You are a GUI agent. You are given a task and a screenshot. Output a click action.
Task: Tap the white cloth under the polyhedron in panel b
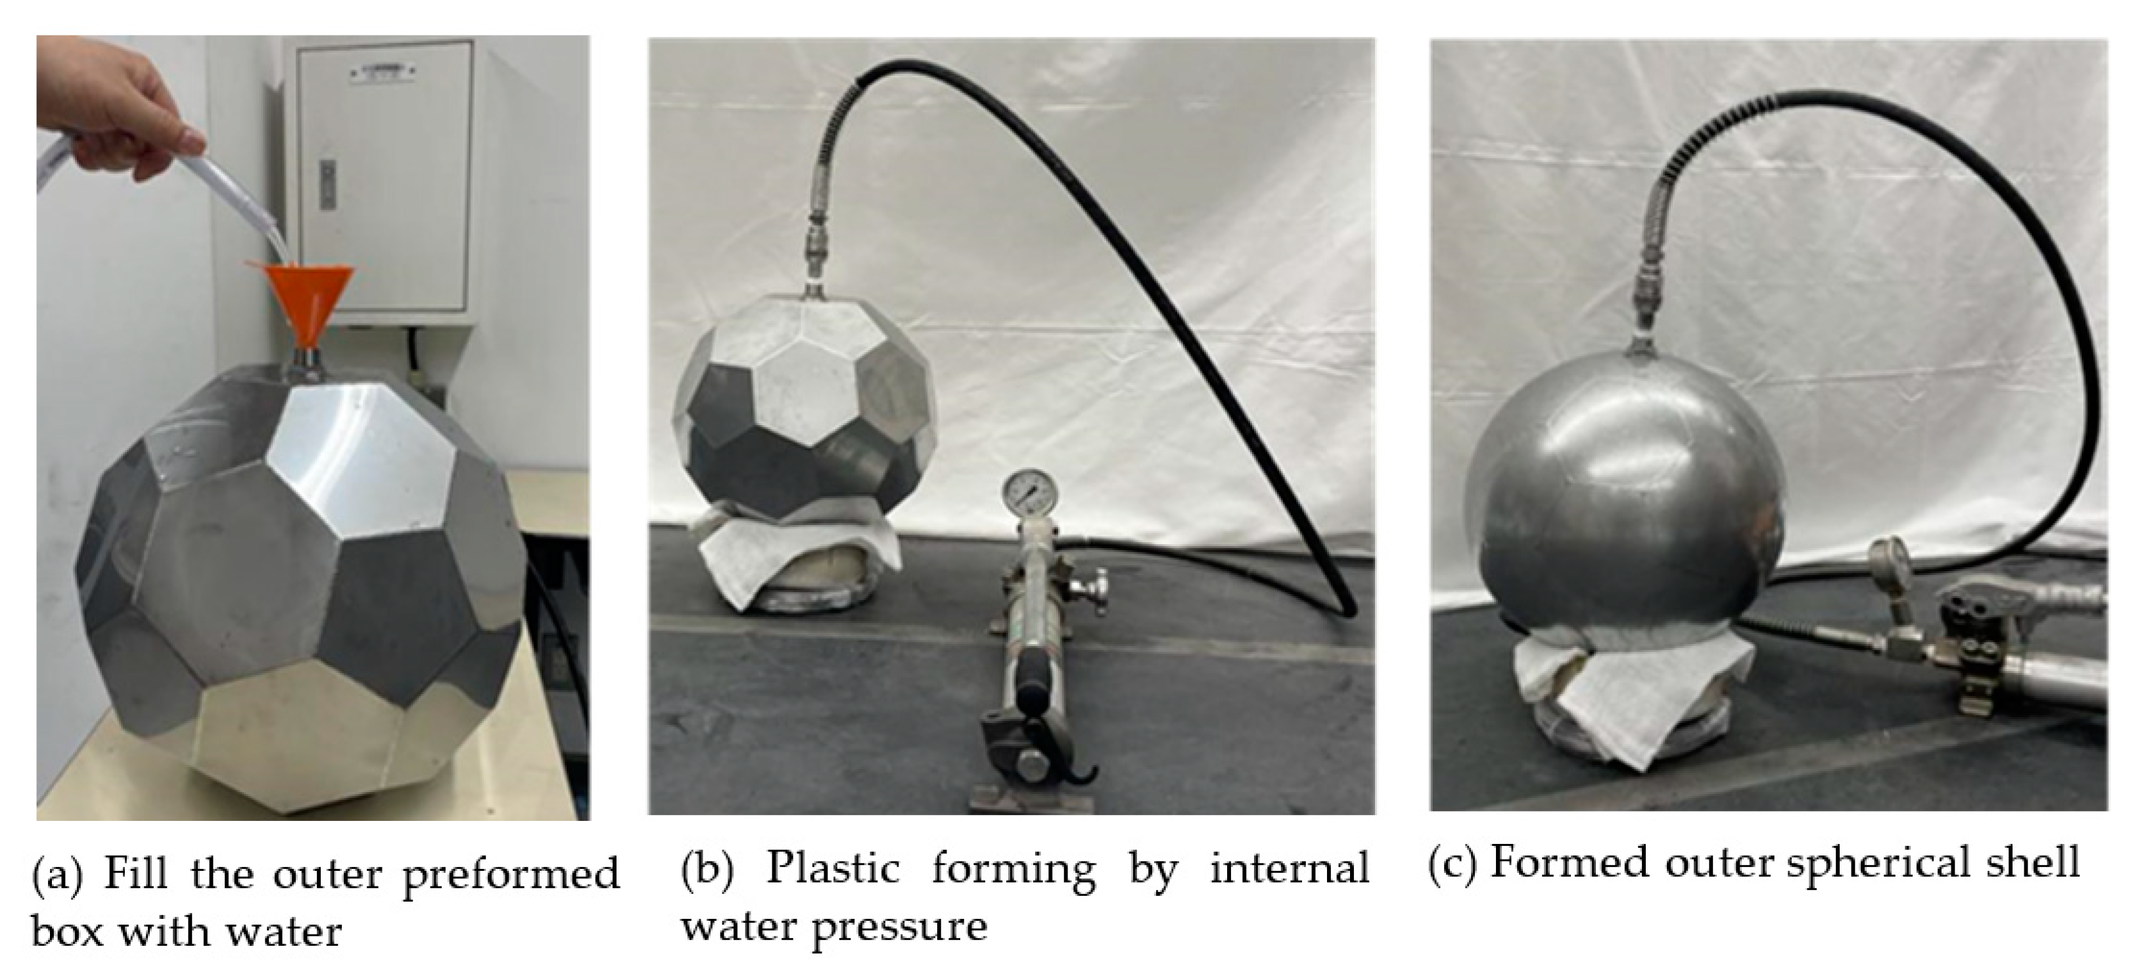click(x=799, y=566)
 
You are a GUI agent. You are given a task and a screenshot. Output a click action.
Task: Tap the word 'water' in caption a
click(x=284, y=930)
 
